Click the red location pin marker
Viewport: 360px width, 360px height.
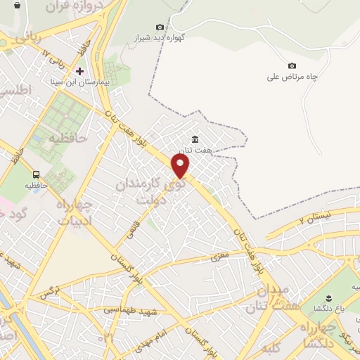(181, 166)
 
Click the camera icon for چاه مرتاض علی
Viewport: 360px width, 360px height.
(292, 65)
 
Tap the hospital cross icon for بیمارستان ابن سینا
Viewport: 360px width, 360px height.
(79, 71)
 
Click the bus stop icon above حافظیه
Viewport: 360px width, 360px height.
(36, 174)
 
